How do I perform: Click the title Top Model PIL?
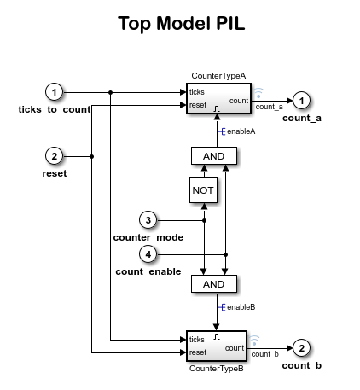tap(180, 24)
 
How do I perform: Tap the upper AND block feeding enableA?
tap(213, 156)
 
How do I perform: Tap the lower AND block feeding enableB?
tap(213, 284)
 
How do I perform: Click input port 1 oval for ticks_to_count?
tap(55, 91)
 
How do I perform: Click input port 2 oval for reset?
tap(55, 156)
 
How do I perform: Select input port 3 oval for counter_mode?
tap(148, 220)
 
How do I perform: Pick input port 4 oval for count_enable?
tap(148, 254)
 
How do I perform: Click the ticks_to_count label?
tap(55, 108)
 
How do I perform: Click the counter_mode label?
tap(148, 236)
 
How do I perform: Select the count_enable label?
tap(148, 271)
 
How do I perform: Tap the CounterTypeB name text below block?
tap(216, 369)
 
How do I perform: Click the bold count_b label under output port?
tap(302, 365)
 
